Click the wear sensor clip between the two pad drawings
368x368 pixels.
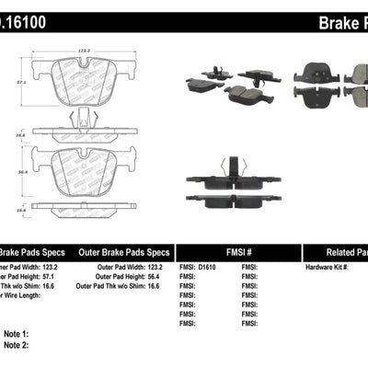[x=86, y=120]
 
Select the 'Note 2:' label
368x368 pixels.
[x=16, y=345]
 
